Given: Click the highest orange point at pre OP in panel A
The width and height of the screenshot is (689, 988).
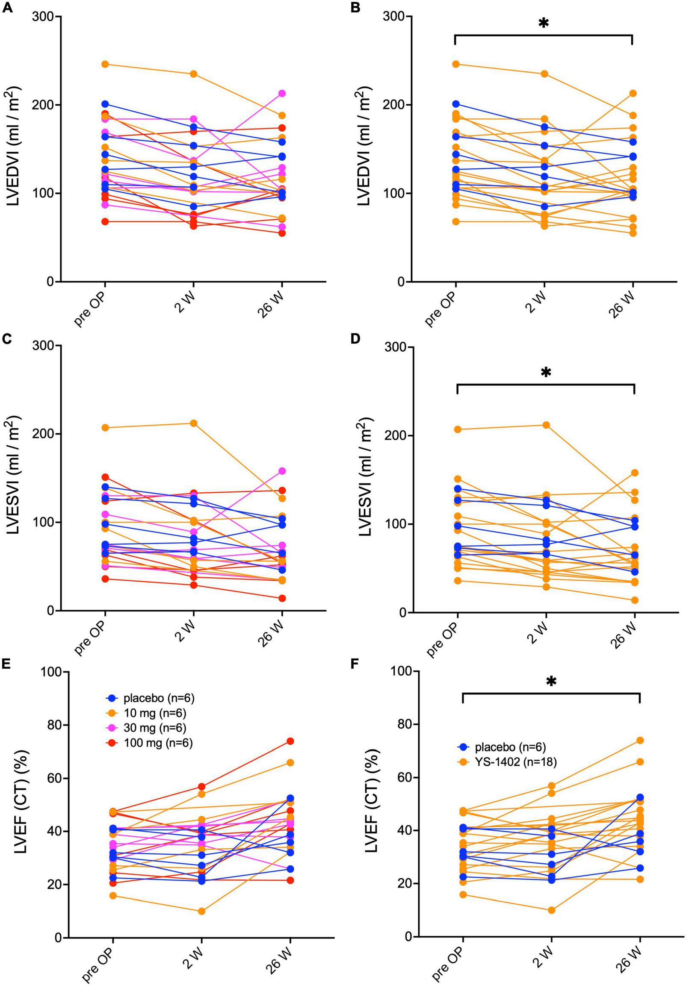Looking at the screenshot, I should click(x=105, y=65).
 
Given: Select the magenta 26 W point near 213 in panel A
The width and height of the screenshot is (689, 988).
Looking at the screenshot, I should click(x=282, y=94).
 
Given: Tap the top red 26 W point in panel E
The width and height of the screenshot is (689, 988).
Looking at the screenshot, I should click(x=290, y=741).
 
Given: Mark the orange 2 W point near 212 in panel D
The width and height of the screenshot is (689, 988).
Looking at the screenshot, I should click(x=546, y=425).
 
